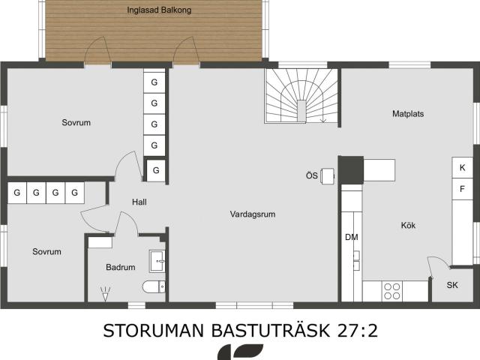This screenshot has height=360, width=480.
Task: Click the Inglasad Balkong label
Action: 159,10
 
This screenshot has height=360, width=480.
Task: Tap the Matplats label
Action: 408,114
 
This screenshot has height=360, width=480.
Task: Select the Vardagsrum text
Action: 253,214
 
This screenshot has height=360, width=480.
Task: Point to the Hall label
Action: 139,202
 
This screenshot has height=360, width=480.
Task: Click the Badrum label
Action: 121,267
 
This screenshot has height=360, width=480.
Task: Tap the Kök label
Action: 408,226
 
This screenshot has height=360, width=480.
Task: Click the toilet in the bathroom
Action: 154,286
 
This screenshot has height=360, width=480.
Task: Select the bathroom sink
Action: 157,261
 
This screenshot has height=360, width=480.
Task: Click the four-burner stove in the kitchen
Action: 392,291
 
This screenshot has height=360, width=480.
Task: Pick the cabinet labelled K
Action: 462,167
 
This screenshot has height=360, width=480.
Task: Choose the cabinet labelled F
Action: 462,189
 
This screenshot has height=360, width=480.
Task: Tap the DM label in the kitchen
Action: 352,237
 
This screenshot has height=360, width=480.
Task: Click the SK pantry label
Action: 452,285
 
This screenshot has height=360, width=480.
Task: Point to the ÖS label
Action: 312,175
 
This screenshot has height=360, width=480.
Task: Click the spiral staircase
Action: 301,96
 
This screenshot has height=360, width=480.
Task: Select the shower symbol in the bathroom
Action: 105,294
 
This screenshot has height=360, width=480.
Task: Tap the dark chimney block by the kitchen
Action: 351,170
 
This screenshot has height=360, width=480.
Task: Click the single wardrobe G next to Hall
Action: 156,170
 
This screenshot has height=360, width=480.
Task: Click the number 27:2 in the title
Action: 358,331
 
